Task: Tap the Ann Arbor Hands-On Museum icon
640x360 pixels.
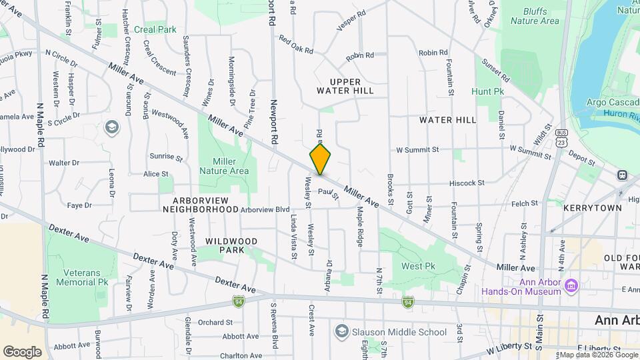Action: point(571,286)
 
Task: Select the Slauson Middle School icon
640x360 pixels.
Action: point(342,331)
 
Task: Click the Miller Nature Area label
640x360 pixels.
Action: point(229,166)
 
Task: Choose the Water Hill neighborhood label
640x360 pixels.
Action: point(448,120)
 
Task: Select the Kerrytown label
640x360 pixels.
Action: point(592,208)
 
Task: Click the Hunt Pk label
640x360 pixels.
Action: point(487,91)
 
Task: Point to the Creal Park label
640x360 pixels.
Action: point(155,29)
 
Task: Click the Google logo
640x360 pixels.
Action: point(23,351)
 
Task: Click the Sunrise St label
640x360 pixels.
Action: point(166,157)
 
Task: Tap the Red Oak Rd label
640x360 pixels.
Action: point(296,42)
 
